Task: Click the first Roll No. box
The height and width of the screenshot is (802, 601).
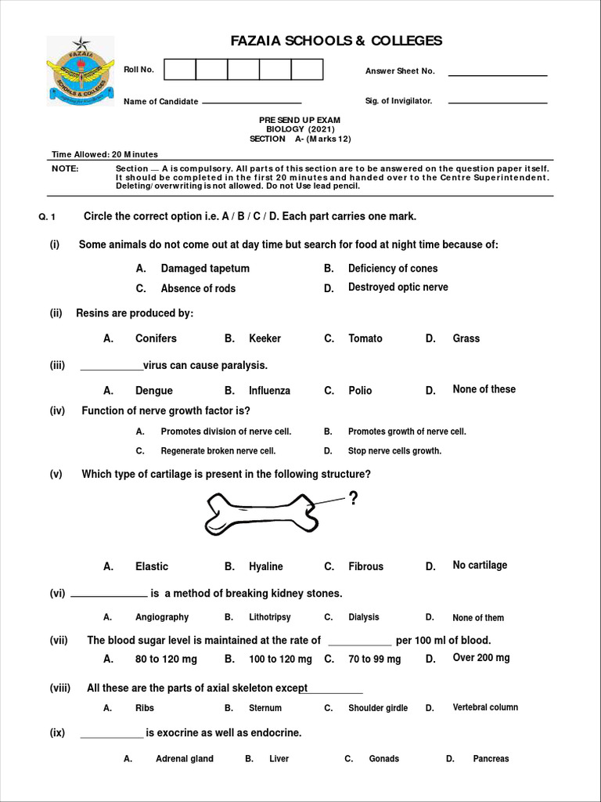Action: [180, 70]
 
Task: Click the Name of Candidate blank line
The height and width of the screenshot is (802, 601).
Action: [252, 102]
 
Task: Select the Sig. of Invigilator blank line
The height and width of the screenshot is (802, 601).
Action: [497, 102]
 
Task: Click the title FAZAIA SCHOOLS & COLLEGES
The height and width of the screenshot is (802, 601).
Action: [336, 41]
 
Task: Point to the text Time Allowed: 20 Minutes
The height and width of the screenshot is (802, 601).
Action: [105, 154]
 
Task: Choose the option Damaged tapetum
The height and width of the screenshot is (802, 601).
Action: [205, 269]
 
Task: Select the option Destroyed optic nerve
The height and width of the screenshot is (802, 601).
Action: [398, 287]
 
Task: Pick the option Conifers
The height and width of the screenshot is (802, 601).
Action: [156, 338]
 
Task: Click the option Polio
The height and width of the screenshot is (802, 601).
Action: [360, 390]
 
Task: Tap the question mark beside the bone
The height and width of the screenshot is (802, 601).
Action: [353, 499]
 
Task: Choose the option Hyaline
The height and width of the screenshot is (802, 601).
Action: [265, 566]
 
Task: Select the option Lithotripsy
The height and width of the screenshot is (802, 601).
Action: [269, 617]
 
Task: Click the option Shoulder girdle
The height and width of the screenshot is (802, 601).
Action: [377, 708]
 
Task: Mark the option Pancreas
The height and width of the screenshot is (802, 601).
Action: [491, 758]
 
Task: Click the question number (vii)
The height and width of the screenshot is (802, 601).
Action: [59, 640]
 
